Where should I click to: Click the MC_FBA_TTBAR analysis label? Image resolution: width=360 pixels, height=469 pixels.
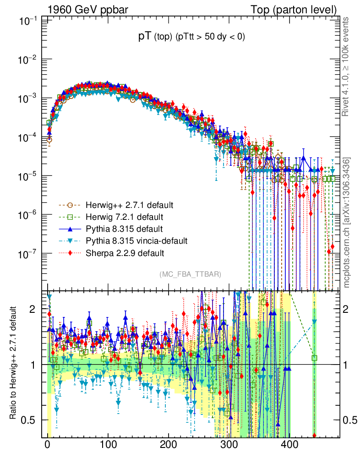tap(190, 274)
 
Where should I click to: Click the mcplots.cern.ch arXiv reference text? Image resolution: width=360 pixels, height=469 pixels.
tap(347, 222)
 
